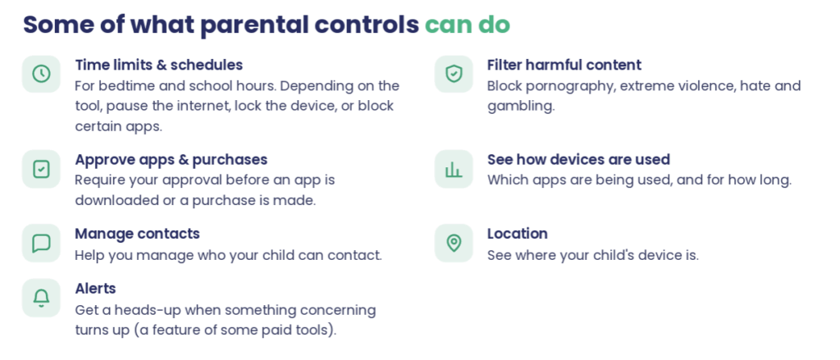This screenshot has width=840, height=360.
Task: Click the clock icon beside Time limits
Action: pyautogui.click(x=41, y=74)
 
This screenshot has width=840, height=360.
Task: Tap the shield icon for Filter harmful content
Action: pyautogui.click(x=454, y=74)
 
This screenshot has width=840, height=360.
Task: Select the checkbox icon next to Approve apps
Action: pyautogui.click(x=41, y=169)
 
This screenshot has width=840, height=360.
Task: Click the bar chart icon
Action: pyautogui.click(x=454, y=169)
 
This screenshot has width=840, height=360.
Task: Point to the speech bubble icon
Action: pyautogui.click(x=41, y=244)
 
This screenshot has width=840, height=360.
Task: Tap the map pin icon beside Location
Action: pyautogui.click(x=454, y=244)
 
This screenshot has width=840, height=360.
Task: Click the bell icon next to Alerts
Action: pyautogui.click(x=41, y=298)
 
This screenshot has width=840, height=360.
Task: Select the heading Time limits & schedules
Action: pyautogui.click(x=158, y=66)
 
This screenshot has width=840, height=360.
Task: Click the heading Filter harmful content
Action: pyautogui.click(x=564, y=66)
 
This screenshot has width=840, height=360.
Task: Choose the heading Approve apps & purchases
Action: pyautogui.click(x=171, y=160)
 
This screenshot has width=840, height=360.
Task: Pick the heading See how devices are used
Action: pyautogui.click(x=578, y=160)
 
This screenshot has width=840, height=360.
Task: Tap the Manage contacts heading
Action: pyautogui.click(x=137, y=234)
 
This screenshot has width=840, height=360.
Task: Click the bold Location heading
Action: pyautogui.click(x=518, y=234)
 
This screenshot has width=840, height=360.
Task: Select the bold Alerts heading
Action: pyautogui.click(x=95, y=289)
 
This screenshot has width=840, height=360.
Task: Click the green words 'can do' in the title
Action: pyautogui.click(x=468, y=25)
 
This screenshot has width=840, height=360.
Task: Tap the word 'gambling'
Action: pyautogui.click(x=521, y=107)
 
